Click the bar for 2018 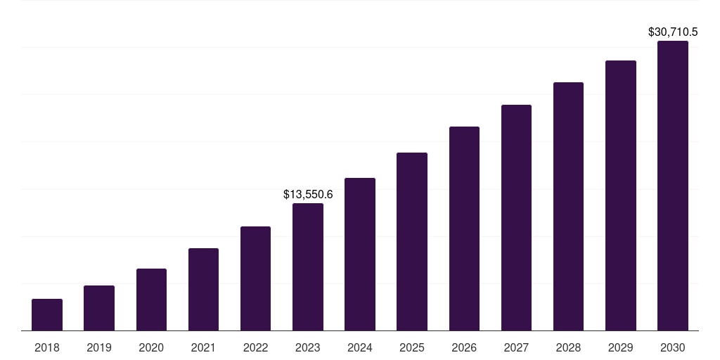point(47,314)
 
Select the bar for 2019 point(99,308)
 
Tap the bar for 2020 point(151,300)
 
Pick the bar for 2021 point(203,289)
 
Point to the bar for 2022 point(255,278)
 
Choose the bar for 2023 point(308,267)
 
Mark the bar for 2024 point(360,254)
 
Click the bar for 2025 point(412,241)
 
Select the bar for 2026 point(464,229)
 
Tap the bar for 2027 point(516,217)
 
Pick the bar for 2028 point(568,206)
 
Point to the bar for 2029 point(621,195)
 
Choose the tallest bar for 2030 point(673,186)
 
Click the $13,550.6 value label point(308,194)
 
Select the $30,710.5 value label point(673,32)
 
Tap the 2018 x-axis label point(47,347)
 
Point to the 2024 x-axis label point(360,347)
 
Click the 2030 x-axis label point(673,347)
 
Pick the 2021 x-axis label point(203,347)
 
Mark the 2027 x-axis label point(516,347)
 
